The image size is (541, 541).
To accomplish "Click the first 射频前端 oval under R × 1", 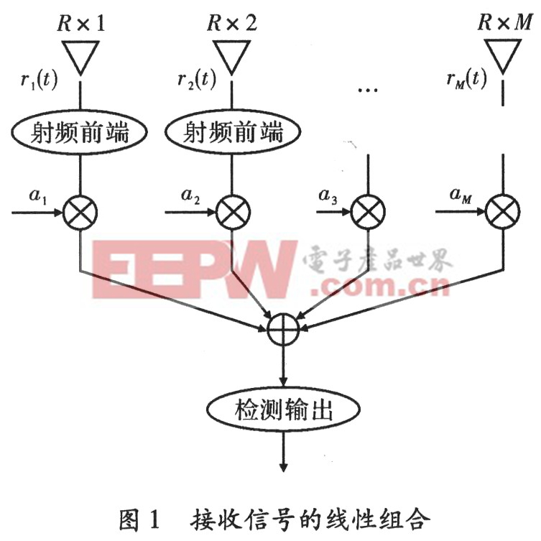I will [x=80, y=132].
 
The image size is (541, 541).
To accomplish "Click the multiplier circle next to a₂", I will [x=230, y=213].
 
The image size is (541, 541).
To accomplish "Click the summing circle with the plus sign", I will [x=285, y=330].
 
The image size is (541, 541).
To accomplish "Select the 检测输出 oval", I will [x=285, y=412].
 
